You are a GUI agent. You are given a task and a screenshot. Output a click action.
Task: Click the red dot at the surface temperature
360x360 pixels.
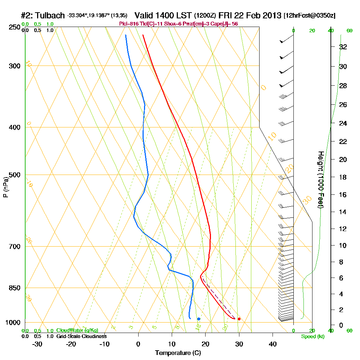pyautogui.click(x=239, y=319)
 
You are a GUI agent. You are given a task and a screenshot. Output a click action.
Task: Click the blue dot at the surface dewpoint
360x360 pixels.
pyautogui.click(x=198, y=319)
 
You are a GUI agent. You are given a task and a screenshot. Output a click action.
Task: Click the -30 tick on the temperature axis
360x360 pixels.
pyautogui.click(x=37, y=344)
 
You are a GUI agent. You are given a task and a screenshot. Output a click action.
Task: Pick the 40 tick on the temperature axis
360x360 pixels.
pyautogui.click(x=273, y=344)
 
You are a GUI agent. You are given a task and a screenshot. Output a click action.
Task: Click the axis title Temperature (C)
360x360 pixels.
pyautogui.click(x=178, y=353)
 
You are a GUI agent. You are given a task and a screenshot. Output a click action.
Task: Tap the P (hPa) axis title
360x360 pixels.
pyautogui.click(x=5, y=187)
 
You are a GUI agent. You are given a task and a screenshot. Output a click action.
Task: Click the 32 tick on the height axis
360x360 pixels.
pyautogui.click(x=343, y=47)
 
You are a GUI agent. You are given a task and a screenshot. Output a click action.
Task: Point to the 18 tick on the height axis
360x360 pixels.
pyautogui.click(x=343, y=177)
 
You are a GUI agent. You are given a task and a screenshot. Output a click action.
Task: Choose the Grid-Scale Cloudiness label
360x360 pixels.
pyautogui.click(x=81, y=336)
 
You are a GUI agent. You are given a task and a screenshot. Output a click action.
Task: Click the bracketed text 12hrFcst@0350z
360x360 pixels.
pyautogui.click(x=310, y=16)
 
